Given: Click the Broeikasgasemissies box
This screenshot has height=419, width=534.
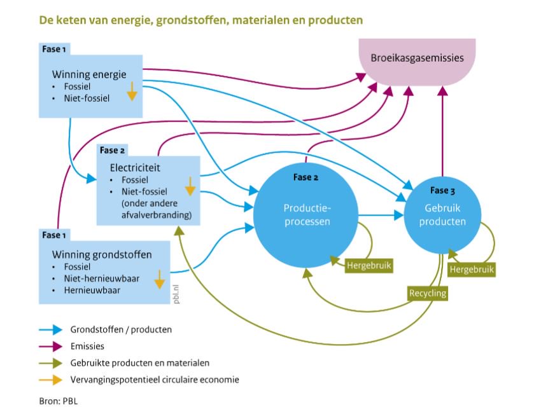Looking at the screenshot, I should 418,60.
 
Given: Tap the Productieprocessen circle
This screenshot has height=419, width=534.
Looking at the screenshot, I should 306,216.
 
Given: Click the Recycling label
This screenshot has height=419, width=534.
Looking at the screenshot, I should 427,293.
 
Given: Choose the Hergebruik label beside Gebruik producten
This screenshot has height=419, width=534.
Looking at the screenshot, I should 472,270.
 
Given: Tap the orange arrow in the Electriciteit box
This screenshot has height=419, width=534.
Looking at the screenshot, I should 189,186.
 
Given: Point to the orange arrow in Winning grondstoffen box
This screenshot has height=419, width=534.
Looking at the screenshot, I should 159,278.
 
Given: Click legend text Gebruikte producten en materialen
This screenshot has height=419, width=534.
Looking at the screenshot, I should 140,363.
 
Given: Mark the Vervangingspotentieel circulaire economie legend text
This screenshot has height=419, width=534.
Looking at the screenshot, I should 155,380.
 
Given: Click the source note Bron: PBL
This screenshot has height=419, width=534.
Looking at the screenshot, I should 59,401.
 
